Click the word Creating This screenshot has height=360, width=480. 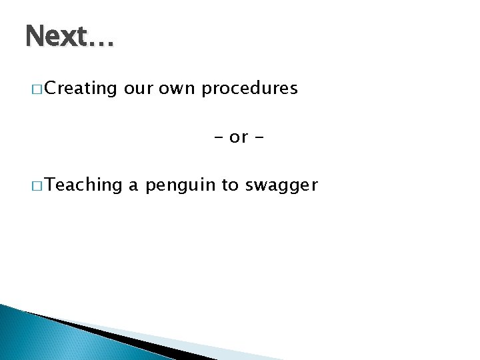pyautogui.click(x=83, y=89)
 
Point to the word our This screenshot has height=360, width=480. pyautogui.click(x=139, y=89)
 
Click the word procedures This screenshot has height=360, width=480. pyautogui.click(x=249, y=89)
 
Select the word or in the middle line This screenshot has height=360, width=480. pyautogui.click(x=239, y=137)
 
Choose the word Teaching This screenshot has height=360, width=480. pyautogui.click(x=85, y=185)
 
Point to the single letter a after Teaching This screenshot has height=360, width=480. pyautogui.click(x=133, y=185)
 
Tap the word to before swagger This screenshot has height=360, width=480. pyautogui.click(x=230, y=185)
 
